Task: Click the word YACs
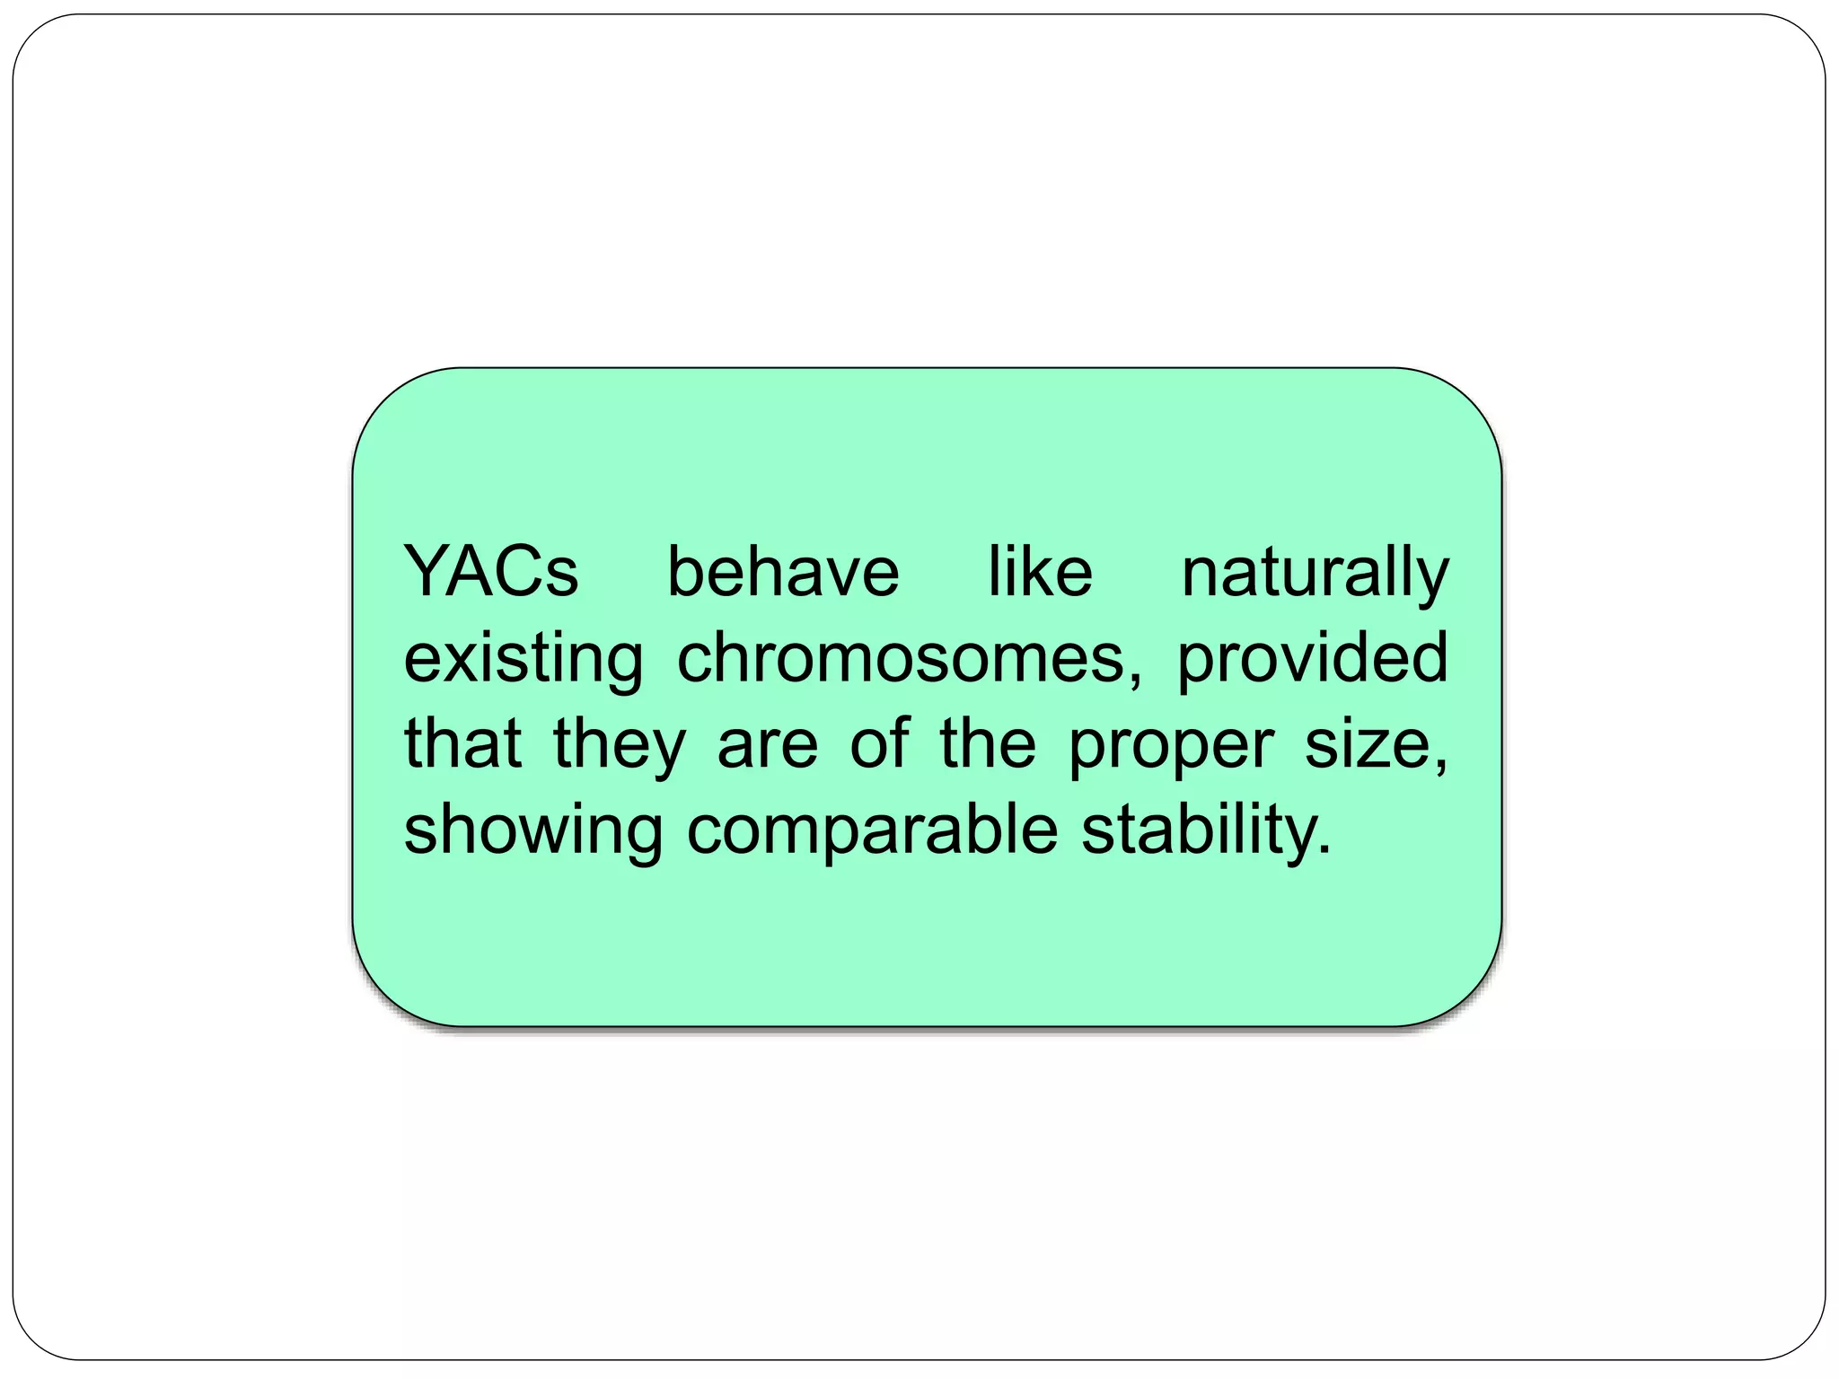coord(491,572)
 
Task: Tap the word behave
coord(782,572)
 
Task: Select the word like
coord(1040,572)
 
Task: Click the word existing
coord(524,659)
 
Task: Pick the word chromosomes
coord(901,657)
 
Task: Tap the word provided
coord(1313,659)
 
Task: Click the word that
coord(462,743)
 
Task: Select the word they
coord(620,745)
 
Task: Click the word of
coord(879,743)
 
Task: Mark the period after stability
coord(1324,849)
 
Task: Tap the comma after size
coord(1441,765)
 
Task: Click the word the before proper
coord(988,743)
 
